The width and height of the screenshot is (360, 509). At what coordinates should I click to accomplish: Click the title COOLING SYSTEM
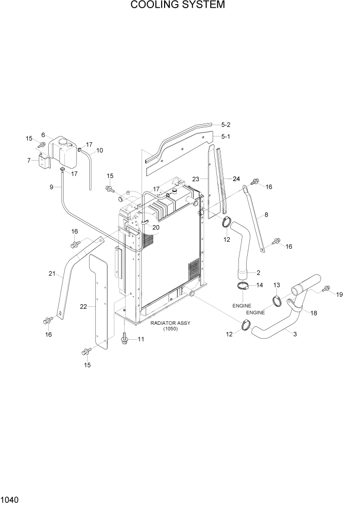point(177,6)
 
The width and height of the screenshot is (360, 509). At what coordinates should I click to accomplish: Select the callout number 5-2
point(226,125)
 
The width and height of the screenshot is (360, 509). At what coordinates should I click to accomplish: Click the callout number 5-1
point(226,136)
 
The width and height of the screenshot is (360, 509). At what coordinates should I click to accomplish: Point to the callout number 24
point(236,179)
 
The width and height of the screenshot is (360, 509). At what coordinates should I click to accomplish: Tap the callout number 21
point(51,274)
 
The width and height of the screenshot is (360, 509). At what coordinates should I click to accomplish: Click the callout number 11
point(141,339)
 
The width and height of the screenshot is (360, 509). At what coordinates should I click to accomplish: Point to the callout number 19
point(339,295)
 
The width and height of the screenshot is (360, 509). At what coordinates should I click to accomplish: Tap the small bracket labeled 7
point(44,163)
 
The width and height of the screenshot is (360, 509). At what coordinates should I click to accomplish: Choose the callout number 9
point(52,187)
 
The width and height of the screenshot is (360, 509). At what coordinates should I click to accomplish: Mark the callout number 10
point(99,150)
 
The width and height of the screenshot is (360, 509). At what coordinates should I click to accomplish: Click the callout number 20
point(156,227)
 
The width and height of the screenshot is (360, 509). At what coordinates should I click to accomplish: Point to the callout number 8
point(265,216)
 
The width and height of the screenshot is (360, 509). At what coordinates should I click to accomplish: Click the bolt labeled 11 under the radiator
point(125,340)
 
